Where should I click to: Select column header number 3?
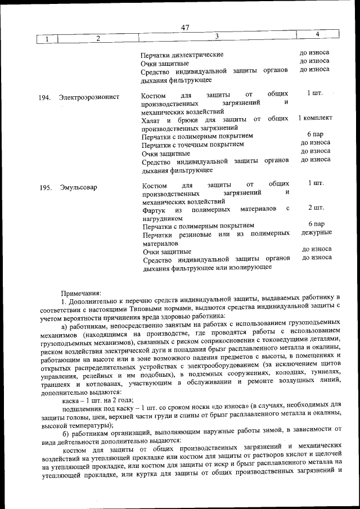pyautogui.click(x=216, y=37)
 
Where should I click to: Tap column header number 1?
pyautogui.click(x=47, y=39)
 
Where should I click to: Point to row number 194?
pyautogui.click(x=45, y=97)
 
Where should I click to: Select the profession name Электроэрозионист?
pyautogui.click(x=89, y=97)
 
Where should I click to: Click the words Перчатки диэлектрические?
pyautogui.click(x=182, y=55)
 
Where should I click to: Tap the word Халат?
pyautogui.click(x=152, y=119)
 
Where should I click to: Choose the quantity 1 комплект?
pyautogui.click(x=315, y=118)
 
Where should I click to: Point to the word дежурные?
pyautogui.click(x=316, y=233)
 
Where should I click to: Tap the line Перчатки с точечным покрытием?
pyautogui.click(x=193, y=145)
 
